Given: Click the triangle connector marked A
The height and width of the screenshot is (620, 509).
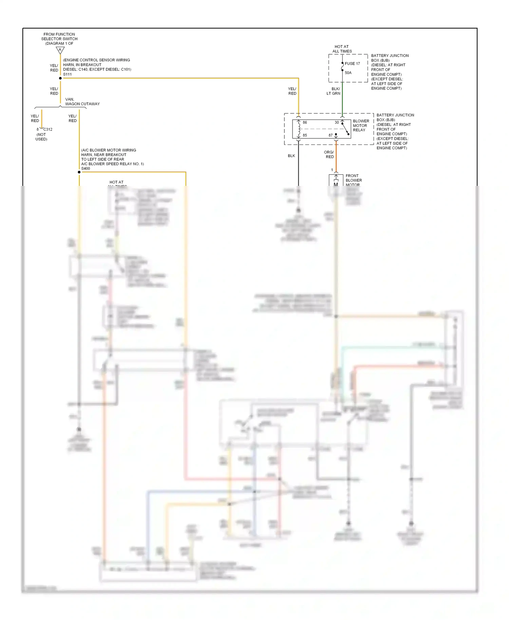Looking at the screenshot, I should coord(60,50).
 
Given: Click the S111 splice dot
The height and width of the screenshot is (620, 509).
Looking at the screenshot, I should coord(60,78).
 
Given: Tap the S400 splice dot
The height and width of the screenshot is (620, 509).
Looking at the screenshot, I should coord(79,172).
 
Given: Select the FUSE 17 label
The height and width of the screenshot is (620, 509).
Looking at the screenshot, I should coord(352,64).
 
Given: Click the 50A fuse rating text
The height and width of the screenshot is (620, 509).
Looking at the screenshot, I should coord(348,73).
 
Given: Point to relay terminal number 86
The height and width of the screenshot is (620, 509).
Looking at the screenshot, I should coord(305,122).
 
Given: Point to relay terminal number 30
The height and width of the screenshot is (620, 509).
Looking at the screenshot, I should coord(337,122).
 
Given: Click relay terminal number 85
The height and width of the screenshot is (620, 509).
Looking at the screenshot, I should coord(305,135).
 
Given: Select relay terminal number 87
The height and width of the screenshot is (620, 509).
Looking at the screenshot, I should coord(331,135).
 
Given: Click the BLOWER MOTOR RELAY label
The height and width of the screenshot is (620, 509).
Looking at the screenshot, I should coord(361,125).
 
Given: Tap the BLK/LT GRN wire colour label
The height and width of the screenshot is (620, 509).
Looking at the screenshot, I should coord(334,91).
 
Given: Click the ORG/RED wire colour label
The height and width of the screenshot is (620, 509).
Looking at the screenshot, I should coord(329,155).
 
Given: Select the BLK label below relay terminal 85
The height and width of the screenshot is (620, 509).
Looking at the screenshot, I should coord(291,156).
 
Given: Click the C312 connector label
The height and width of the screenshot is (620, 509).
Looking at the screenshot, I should coord(48,130).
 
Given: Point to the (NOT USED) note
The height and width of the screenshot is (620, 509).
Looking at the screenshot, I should coord(41,137).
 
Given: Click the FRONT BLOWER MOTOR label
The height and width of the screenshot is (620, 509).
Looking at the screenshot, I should coord(353,180).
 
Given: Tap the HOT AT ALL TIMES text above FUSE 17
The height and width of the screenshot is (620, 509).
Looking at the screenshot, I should coord(342,49).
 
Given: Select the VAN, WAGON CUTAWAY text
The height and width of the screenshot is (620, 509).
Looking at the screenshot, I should coord(82,102).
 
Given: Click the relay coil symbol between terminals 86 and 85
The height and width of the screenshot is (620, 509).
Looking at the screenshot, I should coord(299,129).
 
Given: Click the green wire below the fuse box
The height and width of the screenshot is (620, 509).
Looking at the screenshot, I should coord(342,98).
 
